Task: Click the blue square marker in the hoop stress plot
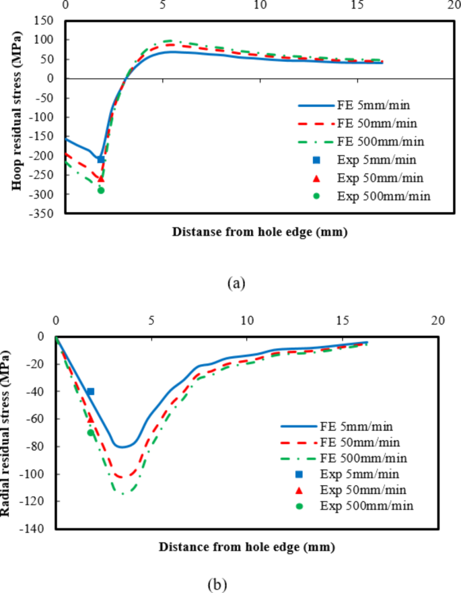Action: [x=101, y=160]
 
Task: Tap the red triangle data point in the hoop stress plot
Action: [x=101, y=178]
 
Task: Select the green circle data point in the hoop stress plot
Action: [x=101, y=190]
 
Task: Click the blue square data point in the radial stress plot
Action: [x=90, y=391]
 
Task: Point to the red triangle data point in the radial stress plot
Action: [x=91, y=418]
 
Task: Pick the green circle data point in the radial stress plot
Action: [x=91, y=432]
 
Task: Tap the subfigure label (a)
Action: [x=236, y=283]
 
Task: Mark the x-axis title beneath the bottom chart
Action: [x=246, y=547]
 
